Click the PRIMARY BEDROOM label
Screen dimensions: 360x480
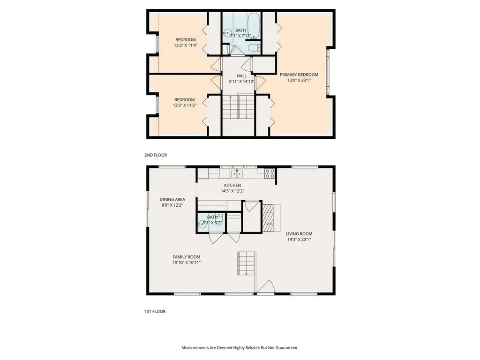(x=299, y=75)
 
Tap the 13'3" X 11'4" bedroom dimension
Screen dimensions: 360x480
(x=185, y=45)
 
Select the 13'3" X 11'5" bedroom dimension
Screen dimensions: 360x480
(x=185, y=105)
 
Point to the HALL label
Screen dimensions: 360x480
(x=241, y=75)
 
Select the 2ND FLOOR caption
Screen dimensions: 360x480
(x=156, y=155)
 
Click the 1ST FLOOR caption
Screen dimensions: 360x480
(x=155, y=311)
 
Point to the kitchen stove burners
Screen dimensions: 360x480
(x=270, y=173)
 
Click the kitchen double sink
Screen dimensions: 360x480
(x=237, y=174)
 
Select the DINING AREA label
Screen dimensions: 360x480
(x=172, y=199)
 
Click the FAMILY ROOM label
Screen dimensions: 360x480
(x=186, y=257)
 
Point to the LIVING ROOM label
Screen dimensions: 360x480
(x=299, y=233)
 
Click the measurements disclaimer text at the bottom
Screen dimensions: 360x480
(x=240, y=348)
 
